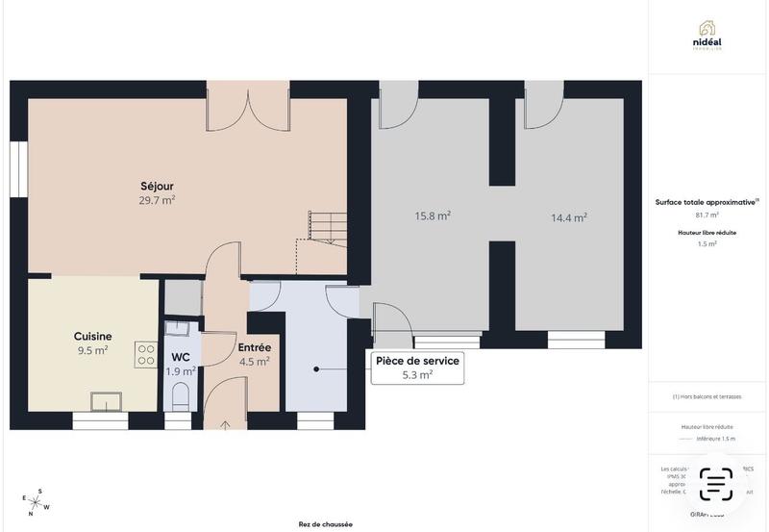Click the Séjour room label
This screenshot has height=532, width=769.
157,186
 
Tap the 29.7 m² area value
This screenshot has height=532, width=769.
157,200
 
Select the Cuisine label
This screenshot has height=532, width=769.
92,337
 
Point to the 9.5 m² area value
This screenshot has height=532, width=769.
92,351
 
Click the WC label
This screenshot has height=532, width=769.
181,356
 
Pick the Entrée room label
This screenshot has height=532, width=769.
254,347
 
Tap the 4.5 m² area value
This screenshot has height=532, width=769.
254,362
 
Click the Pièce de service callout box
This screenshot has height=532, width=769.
417,367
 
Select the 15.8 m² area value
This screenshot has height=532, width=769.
433,216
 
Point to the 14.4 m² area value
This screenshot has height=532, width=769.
569,217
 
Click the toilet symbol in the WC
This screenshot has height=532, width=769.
180,394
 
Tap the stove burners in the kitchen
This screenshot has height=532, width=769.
146,355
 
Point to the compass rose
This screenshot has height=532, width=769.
36,502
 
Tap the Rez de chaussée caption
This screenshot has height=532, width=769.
325,524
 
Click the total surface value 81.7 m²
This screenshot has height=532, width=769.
707,215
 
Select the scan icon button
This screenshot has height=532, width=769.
715,484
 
